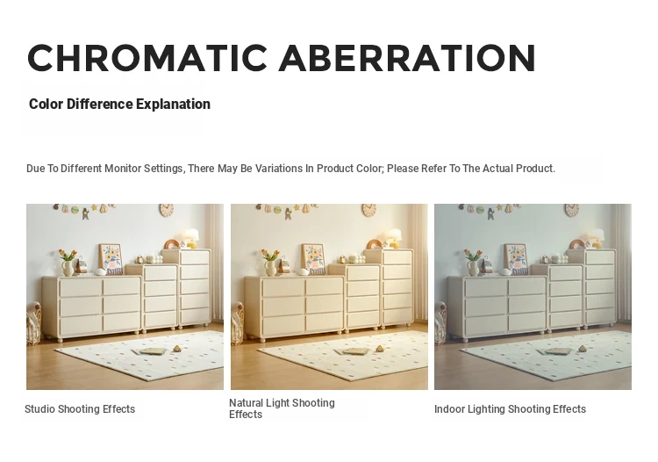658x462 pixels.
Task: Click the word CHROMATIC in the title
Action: pyautogui.click(x=147, y=58)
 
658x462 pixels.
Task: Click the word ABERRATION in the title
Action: pyautogui.click(x=407, y=58)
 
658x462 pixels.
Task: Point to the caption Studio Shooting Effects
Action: pyautogui.click(x=80, y=409)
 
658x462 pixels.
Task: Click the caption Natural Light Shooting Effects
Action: pyautogui.click(x=282, y=408)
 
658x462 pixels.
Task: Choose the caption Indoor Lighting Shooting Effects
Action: pyautogui.click(x=510, y=409)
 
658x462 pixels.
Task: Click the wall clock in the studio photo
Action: pyautogui.click(x=167, y=210)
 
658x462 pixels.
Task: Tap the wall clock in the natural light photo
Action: pyautogui.click(x=369, y=210)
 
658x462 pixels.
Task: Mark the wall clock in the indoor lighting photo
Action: pyautogui.click(x=571, y=210)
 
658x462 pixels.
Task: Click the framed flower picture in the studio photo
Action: pyautogui.click(x=111, y=259)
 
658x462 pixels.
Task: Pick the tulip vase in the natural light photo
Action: pyautogui.click(x=271, y=262)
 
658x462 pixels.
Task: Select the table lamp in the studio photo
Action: pyautogui.click(x=191, y=238)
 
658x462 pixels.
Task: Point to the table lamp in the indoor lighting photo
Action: pyautogui.click(x=596, y=238)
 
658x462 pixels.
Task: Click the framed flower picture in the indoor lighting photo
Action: pyautogui.click(x=517, y=259)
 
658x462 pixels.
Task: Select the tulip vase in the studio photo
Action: pyautogui.click(x=68, y=262)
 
